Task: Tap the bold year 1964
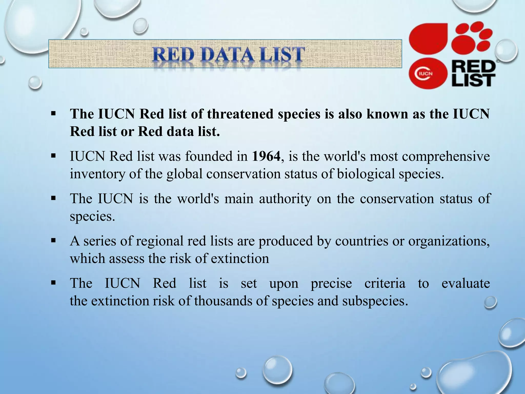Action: point(266,156)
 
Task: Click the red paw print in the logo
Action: point(472,37)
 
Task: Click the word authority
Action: point(285,199)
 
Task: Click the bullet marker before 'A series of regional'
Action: point(53,241)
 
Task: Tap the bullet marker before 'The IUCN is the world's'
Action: point(53,198)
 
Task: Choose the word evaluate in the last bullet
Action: point(466,283)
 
